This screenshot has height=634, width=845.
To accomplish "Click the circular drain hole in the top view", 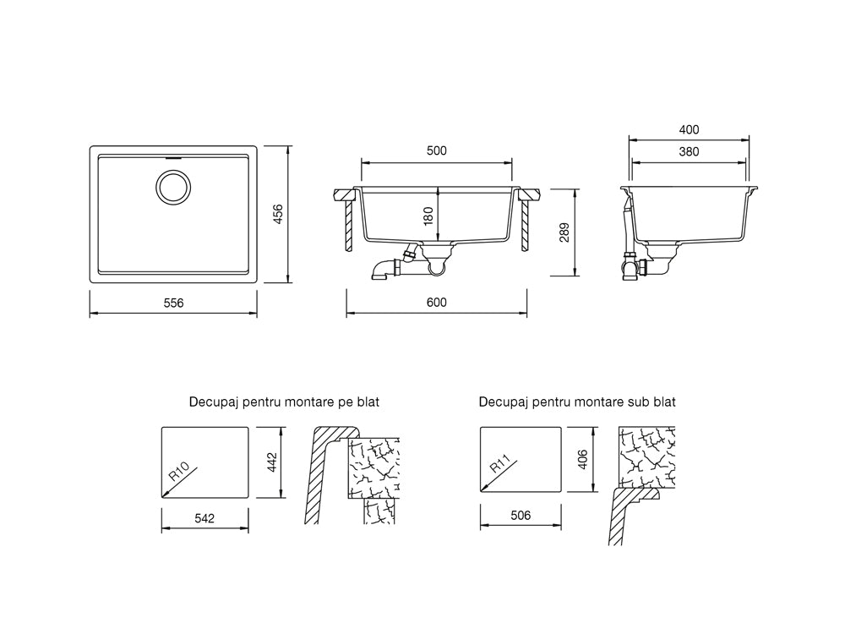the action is pyautogui.click(x=173, y=187).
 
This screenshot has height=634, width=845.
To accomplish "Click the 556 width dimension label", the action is pyautogui.click(x=173, y=303).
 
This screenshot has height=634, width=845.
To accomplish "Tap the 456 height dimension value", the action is pyautogui.click(x=278, y=214).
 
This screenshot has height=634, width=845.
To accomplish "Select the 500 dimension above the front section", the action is pyautogui.click(x=437, y=151).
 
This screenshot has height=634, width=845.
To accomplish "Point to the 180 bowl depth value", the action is pyautogui.click(x=428, y=216).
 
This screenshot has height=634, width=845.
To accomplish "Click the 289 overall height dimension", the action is pyautogui.click(x=564, y=232).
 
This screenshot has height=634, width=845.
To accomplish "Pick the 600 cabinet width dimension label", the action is pyautogui.click(x=437, y=303).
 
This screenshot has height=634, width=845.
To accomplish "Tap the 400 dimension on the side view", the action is pyautogui.click(x=689, y=130).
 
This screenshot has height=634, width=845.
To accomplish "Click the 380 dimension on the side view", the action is pyautogui.click(x=689, y=152).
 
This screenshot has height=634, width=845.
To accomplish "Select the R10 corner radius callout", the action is pyautogui.click(x=179, y=471).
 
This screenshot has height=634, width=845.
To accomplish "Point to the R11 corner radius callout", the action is pyautogui.click(x=500, y=464).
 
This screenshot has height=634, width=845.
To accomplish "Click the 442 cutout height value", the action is pyautogui.click(x=271, y=462).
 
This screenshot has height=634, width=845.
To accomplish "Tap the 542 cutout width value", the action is pyautogui.click(x=204, y=519).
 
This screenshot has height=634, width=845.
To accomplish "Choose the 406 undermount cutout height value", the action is pyautogui.click(x=582, y=459).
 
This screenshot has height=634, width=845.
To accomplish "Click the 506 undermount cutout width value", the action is pyautogui.click(x=521, y=516).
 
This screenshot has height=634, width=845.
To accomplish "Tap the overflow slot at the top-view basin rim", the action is pyautogui.click(x=173, y=159).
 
